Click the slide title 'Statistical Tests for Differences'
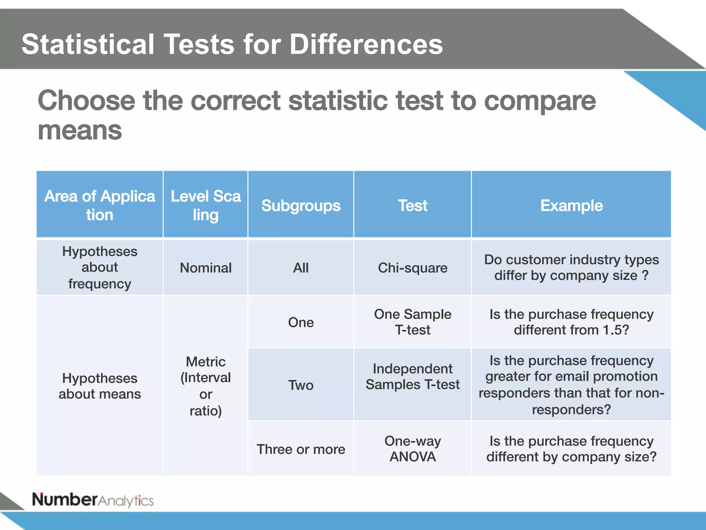pyautogui.click(x=232, y=44)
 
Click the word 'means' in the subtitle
pyautogui.click(x=80, y=131)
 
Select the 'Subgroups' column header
pyautogui.click(x=301, y=206)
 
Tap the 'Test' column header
pyautogui.click(x=412, y=206)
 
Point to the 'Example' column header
pyautogui.click(x=571, y=206)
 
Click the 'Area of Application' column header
pyautogui.click(x=100, y=205)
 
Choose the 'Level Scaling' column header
pyautogui.click(x=205, y=205)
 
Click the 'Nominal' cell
pyautogui.click(x=205, y=268)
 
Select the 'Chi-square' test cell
pyautogui.click(x=412, y=268)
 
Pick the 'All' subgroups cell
pyautogui.click(x=301, y=268)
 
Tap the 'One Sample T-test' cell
pyautogui.click(x=412, y=322)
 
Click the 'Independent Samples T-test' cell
pyautogui.click(x=412, y=377)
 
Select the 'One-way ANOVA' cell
pyautogui.click(x=412, y=449)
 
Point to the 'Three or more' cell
pyautogui.click(x=301, y=449)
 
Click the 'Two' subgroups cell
pyautogui.click(x=301, y=385)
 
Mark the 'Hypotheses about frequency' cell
pyautogui.click(x=100, y=267)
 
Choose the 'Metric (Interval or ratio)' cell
pyautogui.click(x=205, y=386)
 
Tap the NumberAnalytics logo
pyautogui.click(x=93, y=500)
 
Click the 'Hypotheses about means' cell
pyautogui.click(x=100, y=386)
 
